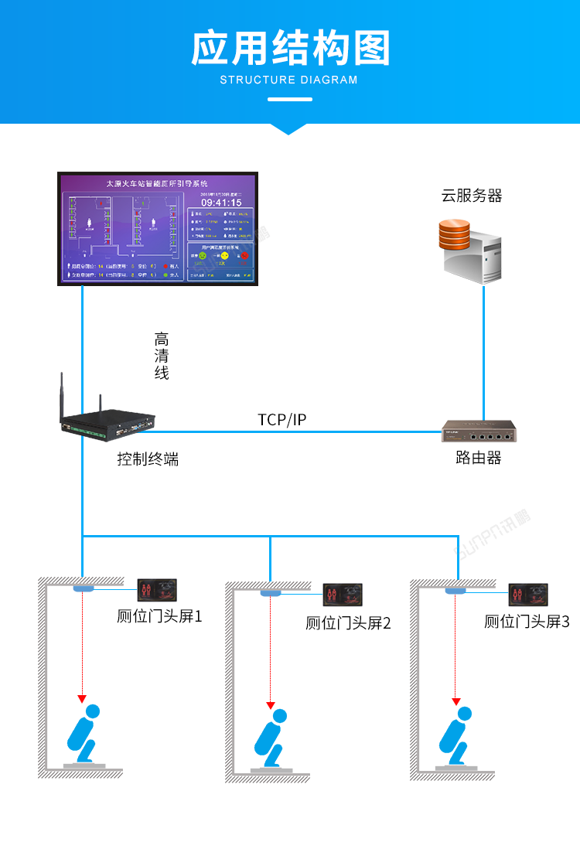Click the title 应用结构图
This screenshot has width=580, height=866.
[290, 49]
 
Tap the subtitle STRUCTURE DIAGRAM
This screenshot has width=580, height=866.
[289, 80]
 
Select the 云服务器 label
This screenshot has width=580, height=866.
[472, 196]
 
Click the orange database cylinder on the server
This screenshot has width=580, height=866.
[454, 234]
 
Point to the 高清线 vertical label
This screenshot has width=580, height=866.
[162, 356]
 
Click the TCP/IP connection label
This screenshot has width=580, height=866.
[282, 420]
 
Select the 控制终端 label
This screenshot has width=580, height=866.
[148, 459]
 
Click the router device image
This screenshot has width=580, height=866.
[479, 431]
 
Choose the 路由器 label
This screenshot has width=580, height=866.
[479, 458]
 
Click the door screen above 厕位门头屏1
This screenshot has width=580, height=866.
[158, 592]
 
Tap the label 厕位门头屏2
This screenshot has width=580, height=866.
[348, 622]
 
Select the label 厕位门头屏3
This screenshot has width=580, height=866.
[527, 621]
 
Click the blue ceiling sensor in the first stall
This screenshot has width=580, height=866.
[83, 589]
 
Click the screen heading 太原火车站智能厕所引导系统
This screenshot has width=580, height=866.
[157, 184]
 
